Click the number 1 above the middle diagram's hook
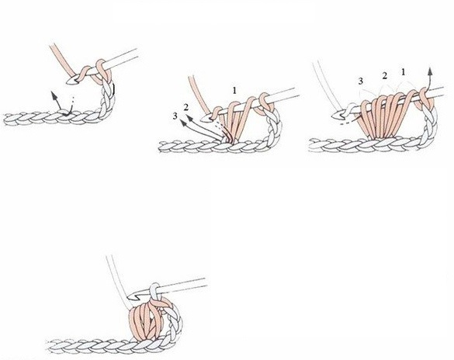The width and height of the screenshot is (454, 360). click(234, 91)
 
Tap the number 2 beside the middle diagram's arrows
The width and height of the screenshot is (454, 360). click(186, 107)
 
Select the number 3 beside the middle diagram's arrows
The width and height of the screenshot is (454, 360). click(175, 116)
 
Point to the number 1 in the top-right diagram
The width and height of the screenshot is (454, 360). click(404, 72)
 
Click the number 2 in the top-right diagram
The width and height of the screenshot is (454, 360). click(384, 76)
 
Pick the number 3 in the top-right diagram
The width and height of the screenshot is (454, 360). click(360, 81)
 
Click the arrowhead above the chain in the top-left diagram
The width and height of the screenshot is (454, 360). click(54, 95)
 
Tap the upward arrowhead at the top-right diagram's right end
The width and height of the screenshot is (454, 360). click(431, 71)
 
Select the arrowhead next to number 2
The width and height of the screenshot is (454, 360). click(189, 118)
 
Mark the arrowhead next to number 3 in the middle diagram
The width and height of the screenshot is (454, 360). click(183, 123)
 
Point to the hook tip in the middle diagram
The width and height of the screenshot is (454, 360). click(203, 118)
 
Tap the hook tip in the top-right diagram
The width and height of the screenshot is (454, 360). click(334, 116)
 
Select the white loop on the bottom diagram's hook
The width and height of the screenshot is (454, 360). click(154, 292)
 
